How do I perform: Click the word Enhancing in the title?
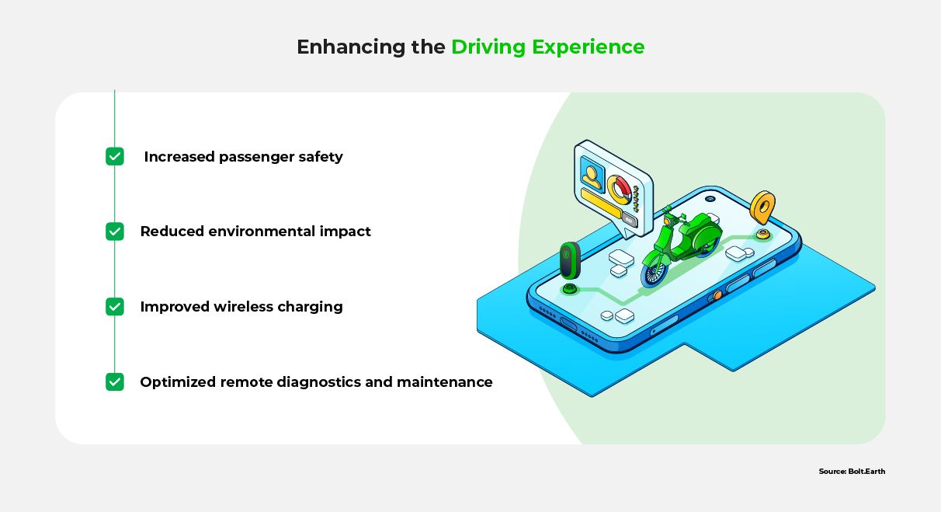click(x=351, y=47)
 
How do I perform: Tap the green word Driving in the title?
click(x=488, y=47)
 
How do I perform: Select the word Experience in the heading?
click(x=589, y=47)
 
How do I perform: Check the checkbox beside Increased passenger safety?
click(x=115, y=156)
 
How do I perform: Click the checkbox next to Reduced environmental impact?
click(x=115, y=232)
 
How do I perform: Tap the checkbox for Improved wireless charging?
click(x=115, y=306)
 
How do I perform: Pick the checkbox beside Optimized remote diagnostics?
click(x=115, y=381)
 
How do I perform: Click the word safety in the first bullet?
click(x=321, y=157)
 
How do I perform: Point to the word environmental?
click(x=262, y=232)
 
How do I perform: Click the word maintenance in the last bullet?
click(x=444, y=381)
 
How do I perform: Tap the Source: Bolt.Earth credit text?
click(x=852, y=472)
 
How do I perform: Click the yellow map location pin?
click(x=762, y=207)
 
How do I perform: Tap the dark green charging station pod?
click(x=570, y=260)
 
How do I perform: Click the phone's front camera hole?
click(x=710, y=198)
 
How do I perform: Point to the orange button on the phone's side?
click(x=717, y=295)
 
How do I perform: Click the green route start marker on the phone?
click(x=570, y=289)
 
